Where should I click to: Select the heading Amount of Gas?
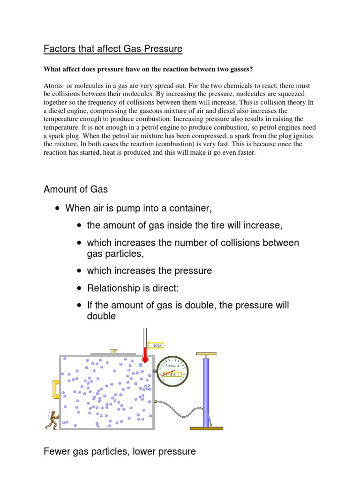[x=75, y=189]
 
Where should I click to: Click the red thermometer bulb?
[x=145, y=359]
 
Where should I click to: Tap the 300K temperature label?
[x=155, y=346]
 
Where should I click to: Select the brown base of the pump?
[x=206, y=427]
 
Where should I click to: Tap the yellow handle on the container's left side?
[x=55, y=389]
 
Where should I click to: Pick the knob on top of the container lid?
[x=113, y=351]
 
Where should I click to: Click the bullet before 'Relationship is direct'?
[x=78, y=288]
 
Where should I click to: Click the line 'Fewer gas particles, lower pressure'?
[x=120, y=452]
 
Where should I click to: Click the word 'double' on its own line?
[x=101, y=316]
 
